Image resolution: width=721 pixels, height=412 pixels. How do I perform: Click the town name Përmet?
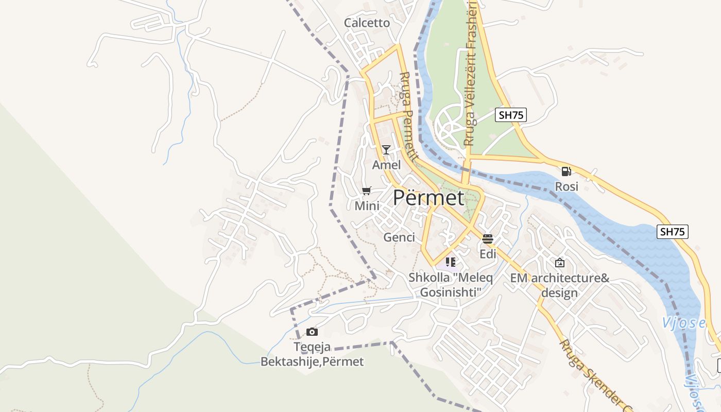(x=428, y=198)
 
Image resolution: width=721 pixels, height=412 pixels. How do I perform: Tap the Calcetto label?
(x=367, y=23)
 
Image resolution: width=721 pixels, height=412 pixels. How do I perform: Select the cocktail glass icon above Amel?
(x=386, y=150)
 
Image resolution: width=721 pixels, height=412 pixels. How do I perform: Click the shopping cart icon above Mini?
(x=367, y=191)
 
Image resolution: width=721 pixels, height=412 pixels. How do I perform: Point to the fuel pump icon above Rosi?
(x=566, y=171)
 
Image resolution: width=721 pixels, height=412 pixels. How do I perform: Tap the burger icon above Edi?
(x=488, y=239)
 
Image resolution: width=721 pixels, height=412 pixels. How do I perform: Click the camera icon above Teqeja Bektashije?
(x=312, y=332)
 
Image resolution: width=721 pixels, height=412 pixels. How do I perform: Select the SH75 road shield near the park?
(x=511, y=115)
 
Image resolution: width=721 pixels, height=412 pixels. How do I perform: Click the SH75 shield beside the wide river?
(x=673, y=232)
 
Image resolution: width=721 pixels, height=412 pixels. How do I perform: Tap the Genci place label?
(x=399, y=237)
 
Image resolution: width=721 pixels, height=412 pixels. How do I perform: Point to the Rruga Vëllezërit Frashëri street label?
(x=468, y=72)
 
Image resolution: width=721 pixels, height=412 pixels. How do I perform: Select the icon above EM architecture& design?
(x=560, y=263)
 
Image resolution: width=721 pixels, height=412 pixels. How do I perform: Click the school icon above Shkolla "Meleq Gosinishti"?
(x=451, y=262)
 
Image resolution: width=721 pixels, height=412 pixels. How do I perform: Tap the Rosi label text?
(x=566, y=186)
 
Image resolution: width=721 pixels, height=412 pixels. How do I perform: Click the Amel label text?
(x=386, y=165)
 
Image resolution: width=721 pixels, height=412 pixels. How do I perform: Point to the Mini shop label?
(x=367, y=206)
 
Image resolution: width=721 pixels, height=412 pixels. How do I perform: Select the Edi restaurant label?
(x=488, y=254)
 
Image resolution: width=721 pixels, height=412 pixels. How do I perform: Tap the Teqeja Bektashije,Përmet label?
(x=312, y=354)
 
